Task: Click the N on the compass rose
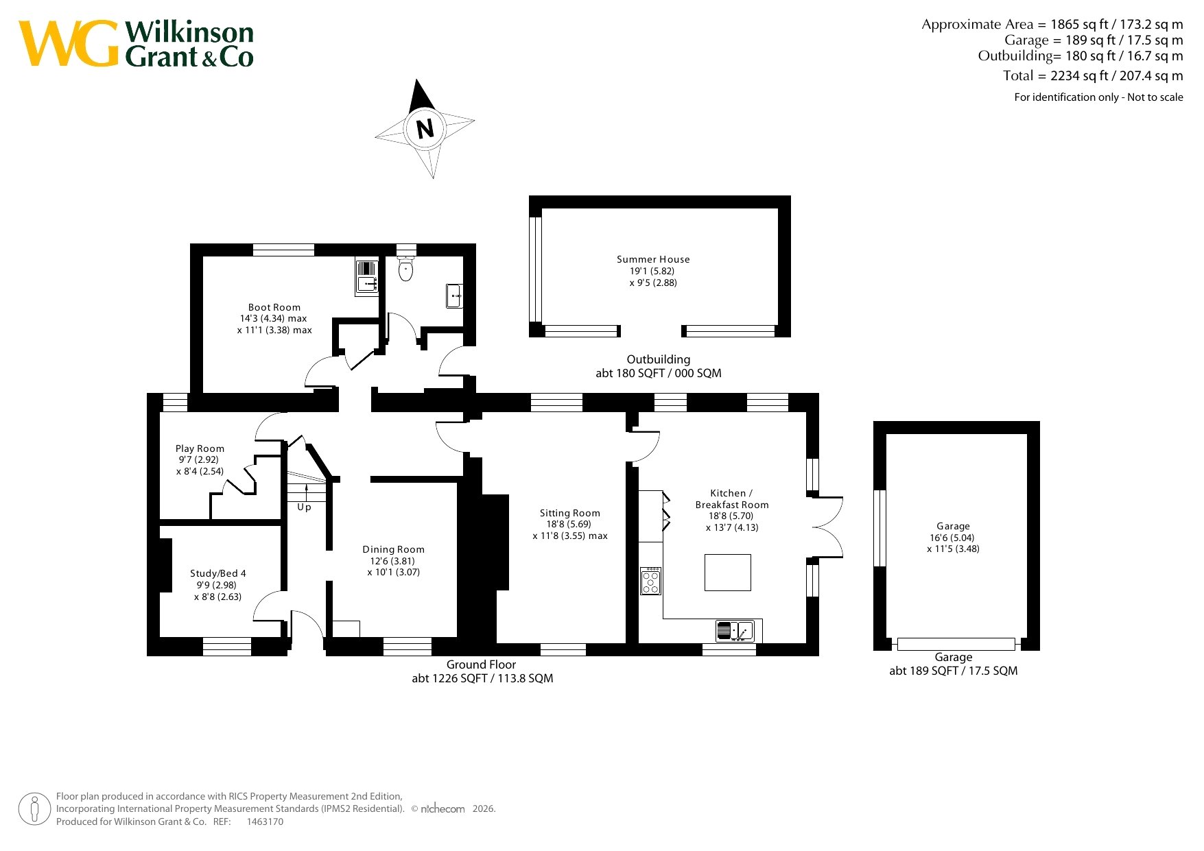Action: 425,128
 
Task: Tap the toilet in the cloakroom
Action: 406,268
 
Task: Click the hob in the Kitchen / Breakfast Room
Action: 650,581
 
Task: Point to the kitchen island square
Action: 728,572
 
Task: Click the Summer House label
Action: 653,259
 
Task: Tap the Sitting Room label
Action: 570,513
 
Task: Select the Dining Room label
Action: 394,549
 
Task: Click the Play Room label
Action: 200,448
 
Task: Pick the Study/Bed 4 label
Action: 218,573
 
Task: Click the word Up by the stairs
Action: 304,507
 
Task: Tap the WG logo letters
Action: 69,43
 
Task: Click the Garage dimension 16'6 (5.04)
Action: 952,538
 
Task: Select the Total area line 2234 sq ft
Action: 1093,75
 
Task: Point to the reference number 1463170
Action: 265,822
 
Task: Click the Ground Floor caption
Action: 481,664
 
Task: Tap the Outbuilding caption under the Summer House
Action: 659,359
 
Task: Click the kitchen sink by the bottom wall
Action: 735,631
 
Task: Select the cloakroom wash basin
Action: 454,296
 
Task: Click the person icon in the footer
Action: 34,809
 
